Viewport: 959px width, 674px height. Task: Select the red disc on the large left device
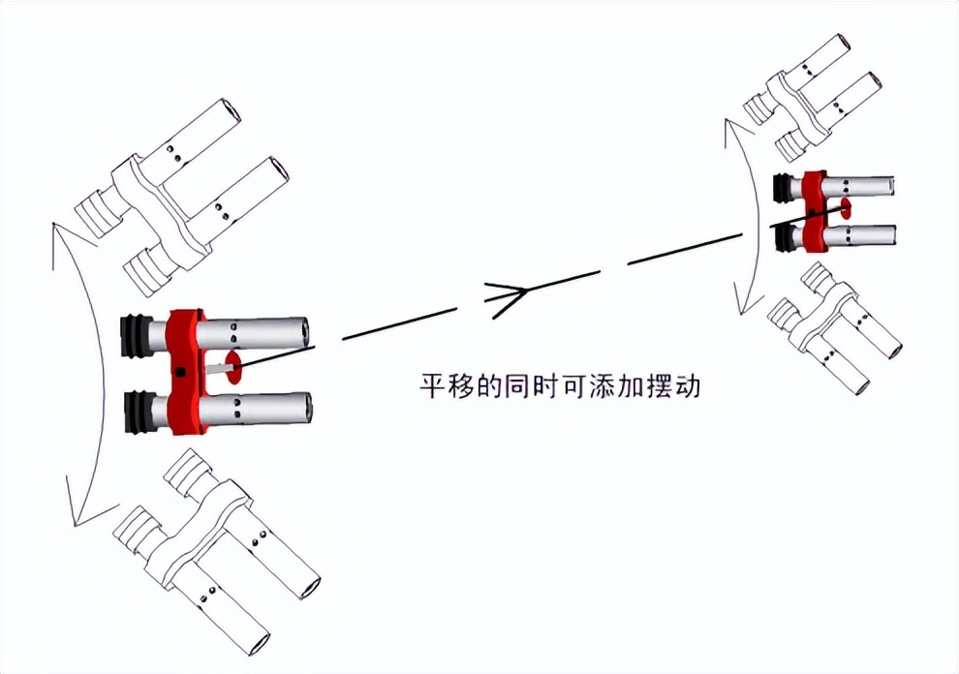click(232, 368)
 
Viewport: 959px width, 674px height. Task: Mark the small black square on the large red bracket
click(181, 373)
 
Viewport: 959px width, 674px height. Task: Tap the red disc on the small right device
click(845, 208)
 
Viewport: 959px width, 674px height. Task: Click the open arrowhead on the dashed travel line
click(509, 291)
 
